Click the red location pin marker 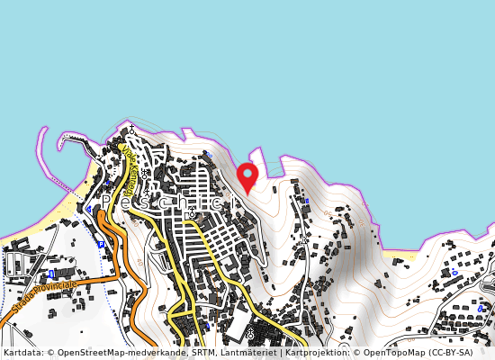[x=247, y=175]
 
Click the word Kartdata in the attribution [x=20, y=353]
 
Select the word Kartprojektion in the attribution [x=310, y=353]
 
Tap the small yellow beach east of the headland [x=396, y=255]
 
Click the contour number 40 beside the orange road [x=140, y=262]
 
